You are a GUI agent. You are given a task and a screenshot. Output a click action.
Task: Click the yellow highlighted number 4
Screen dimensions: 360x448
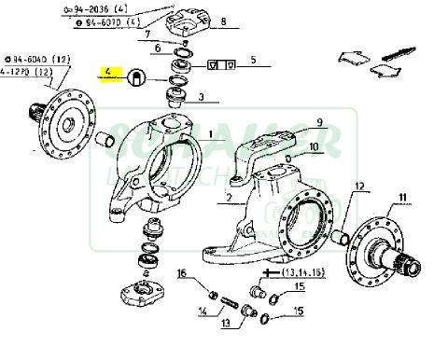109,72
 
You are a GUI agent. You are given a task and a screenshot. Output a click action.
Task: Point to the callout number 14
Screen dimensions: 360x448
203,312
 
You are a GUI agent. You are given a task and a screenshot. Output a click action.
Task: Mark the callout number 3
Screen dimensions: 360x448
202,97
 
